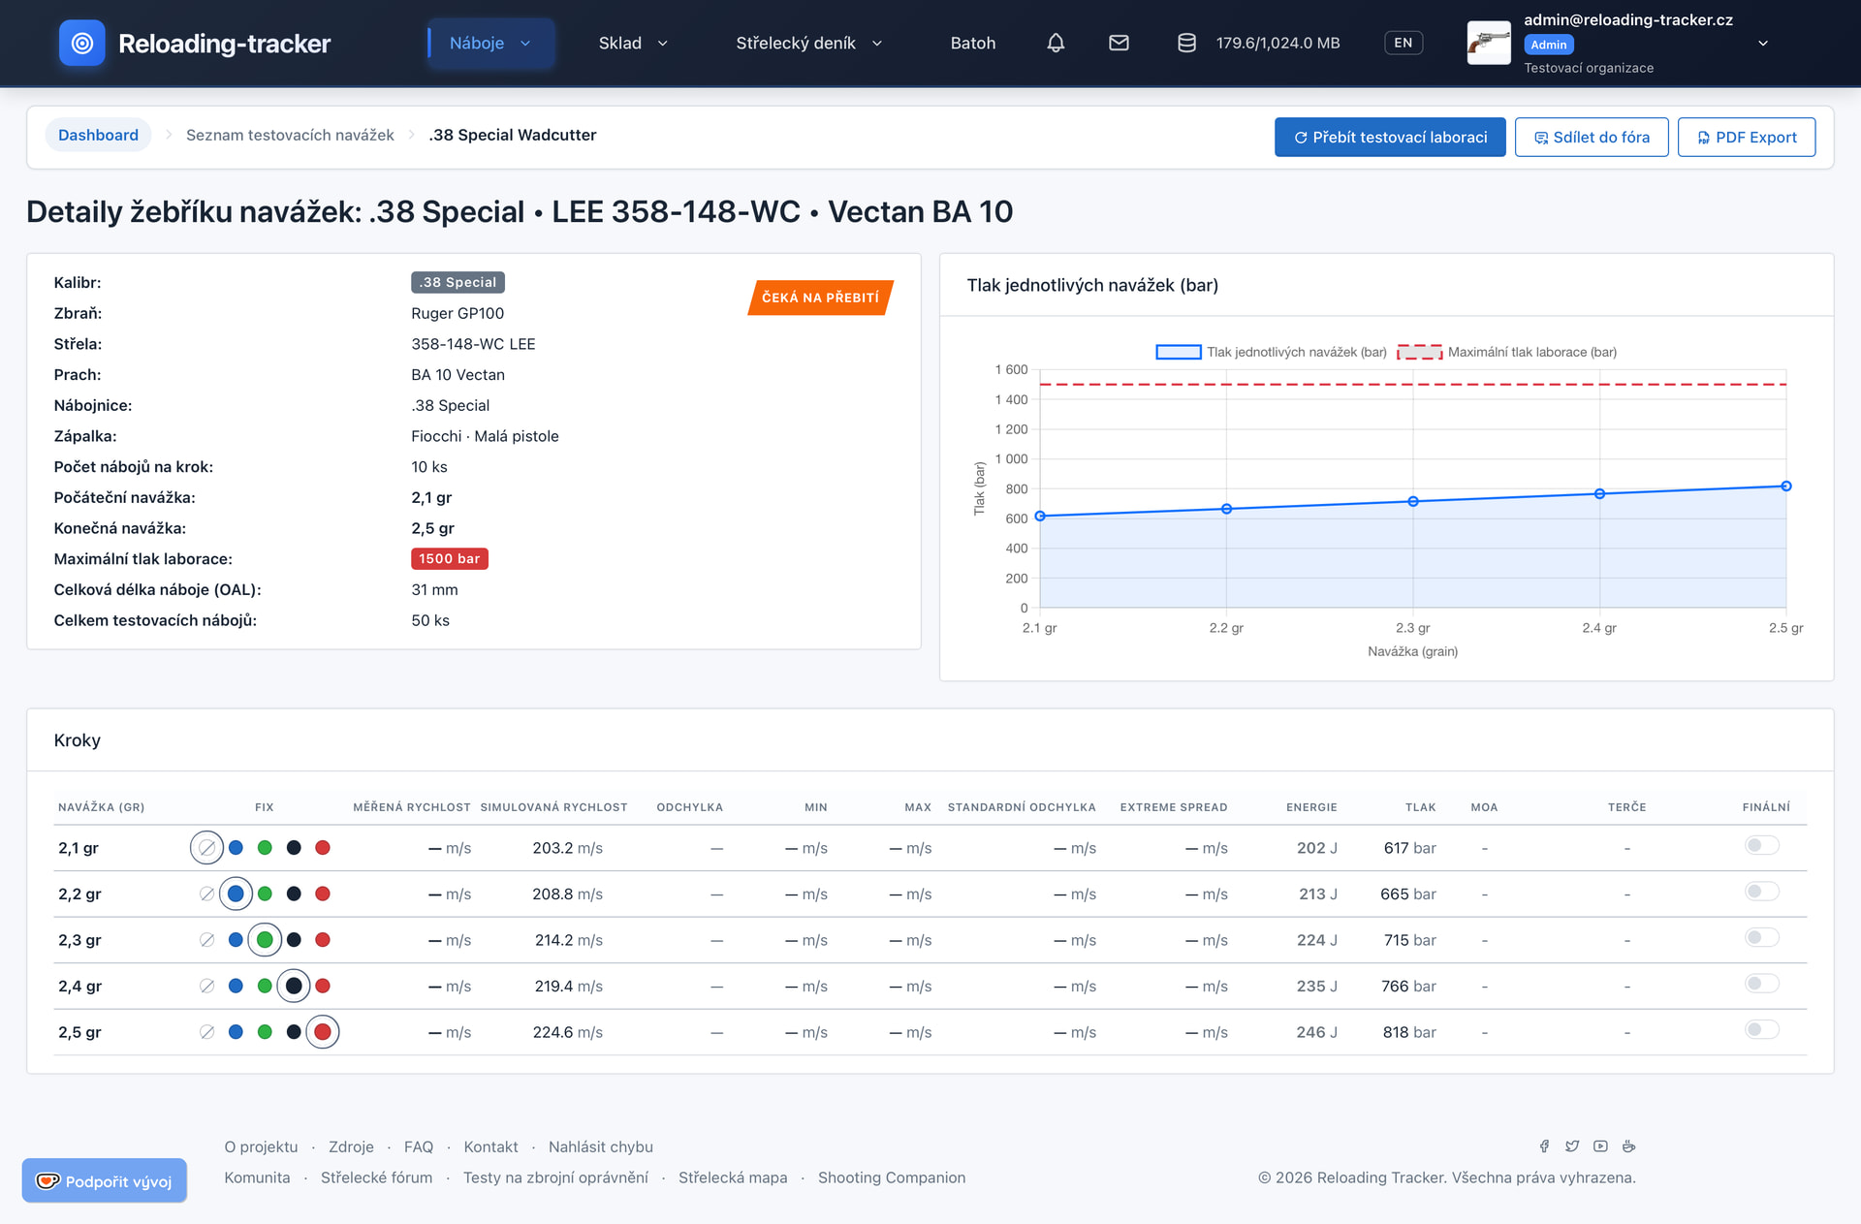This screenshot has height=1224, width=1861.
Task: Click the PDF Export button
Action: pyautogui.click(x=1746, y=138)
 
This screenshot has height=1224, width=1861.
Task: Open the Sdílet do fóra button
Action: pyautogui.click(x=1591, y=138)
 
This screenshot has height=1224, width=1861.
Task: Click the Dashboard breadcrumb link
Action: pyautogui.click(x=98, y=135)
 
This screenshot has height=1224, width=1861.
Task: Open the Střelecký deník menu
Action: pyautogui.click(x=809, y=43)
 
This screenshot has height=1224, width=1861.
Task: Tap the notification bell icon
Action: pyautogui.click(x=1056, y=43)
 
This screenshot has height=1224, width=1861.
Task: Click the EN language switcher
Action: pyautogui.click(x=1403, y=43)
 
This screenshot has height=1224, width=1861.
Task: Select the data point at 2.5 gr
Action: pyautogui.click(x=1785, y=486)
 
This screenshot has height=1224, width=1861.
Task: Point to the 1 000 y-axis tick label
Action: pyautogui.click(x=1011, y=459)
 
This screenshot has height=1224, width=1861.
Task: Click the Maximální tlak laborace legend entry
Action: pyautogui.click(x=1506, y=352)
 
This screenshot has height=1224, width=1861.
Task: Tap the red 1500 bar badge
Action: pyautogui.click(x=450, y=559)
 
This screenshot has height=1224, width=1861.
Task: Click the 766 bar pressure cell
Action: pyautogui.click(x=1408, y=986)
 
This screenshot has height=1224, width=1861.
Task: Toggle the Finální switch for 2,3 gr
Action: pyautogui.click(x=1762, y=937)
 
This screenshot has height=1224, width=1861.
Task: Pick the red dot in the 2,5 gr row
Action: pyautogui.click(x=323, y=1032)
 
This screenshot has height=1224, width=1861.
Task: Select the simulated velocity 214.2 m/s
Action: pyautogui.click(x=568, y=940)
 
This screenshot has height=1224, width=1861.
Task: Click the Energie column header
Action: pyautogui.click(x=1311, y=807)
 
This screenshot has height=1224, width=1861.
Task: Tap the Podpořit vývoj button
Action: pyautogui.click(x=105, y=1180)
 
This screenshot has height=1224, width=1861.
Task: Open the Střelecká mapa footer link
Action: pyautogui.click(x=733, y=1177)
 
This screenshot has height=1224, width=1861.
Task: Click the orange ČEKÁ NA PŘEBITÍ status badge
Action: pyautogui.click(x=820, y=298)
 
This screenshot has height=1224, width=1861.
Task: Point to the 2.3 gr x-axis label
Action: pyautogui.click(x=1412, y=628)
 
